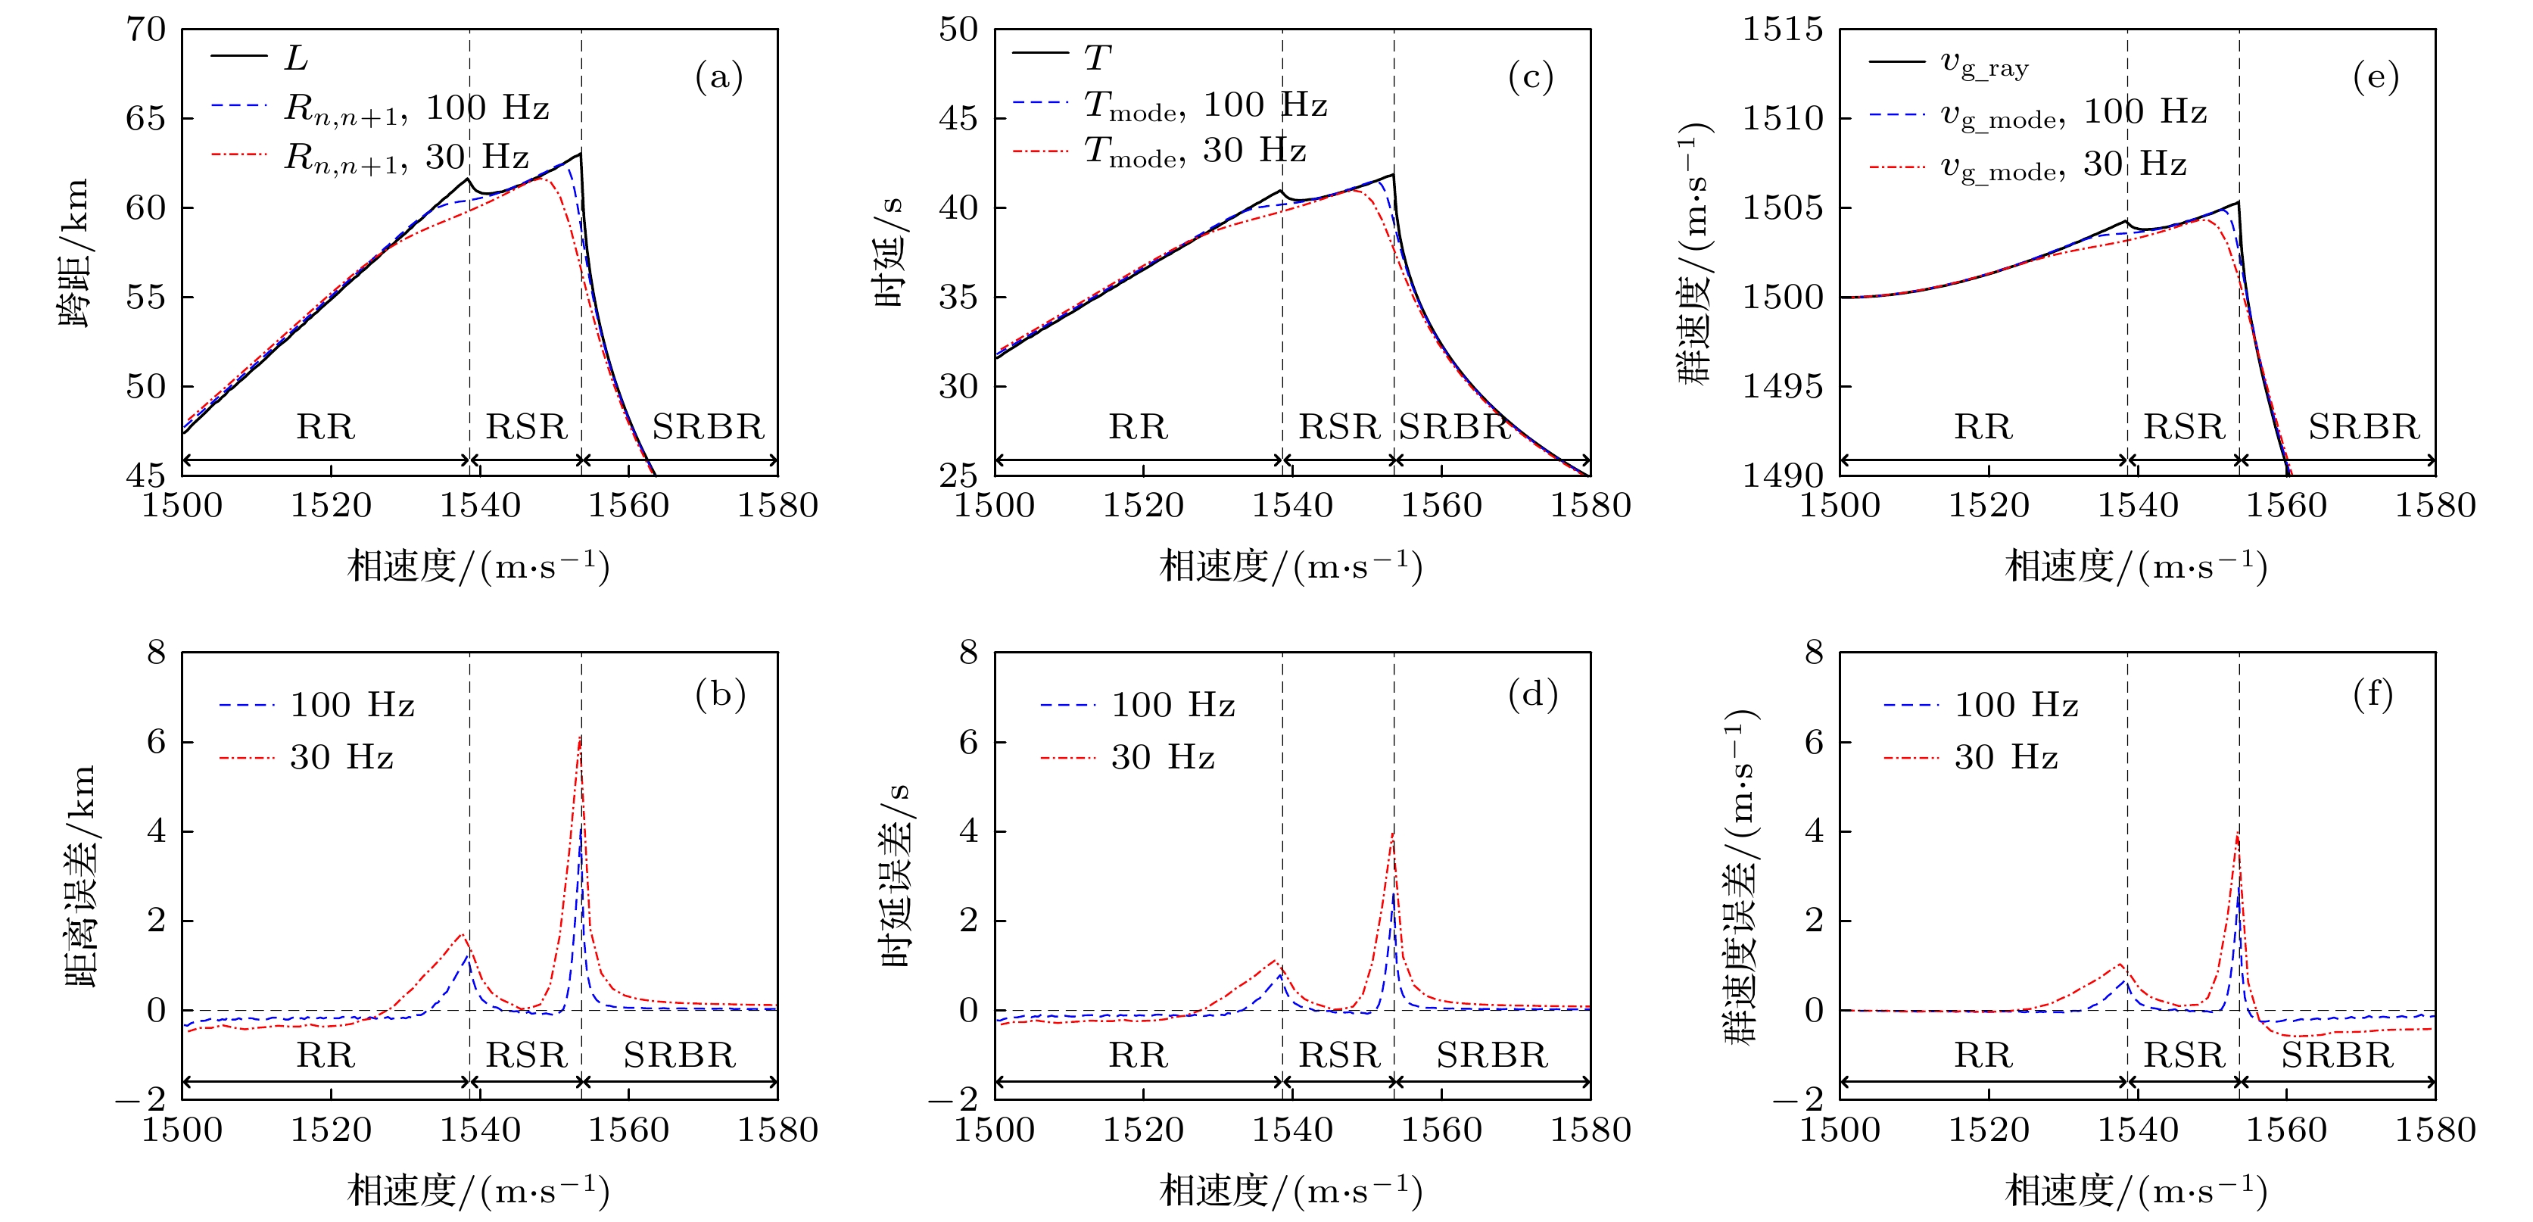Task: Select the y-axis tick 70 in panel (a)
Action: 145,30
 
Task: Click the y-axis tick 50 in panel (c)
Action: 958,30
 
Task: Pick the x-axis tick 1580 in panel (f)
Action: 2435,1130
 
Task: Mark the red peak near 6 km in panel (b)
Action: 580,738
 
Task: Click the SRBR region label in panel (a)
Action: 707,427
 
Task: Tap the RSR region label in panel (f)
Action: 2183,1055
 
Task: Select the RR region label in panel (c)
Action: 1138,427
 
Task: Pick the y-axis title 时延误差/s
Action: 897,875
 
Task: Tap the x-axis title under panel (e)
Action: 2136,566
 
